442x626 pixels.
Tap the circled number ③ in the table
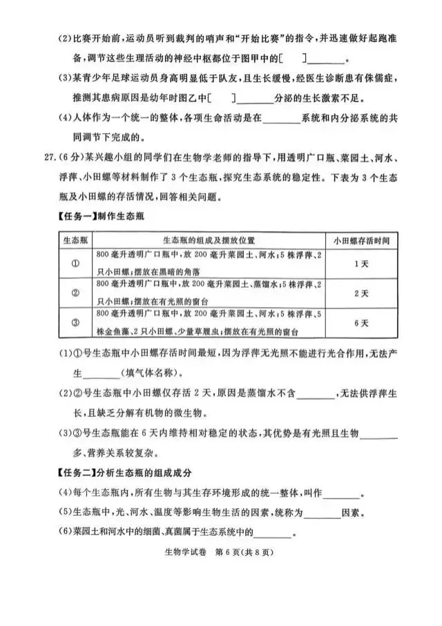74,322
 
